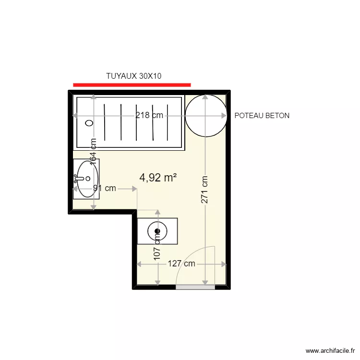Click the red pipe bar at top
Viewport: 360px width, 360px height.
click(132, 85)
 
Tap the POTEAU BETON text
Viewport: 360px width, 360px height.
click(262, 116)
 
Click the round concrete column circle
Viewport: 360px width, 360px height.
click(205, 116)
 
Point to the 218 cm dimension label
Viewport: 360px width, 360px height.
click(149, 115)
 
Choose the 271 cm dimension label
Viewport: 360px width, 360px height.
click(205, 190)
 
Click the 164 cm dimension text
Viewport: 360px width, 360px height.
click(94, 152)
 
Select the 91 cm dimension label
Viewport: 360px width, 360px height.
click(105, 189)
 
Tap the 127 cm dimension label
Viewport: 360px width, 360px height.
click(181, 264)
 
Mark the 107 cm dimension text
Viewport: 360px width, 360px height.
click(157, 248)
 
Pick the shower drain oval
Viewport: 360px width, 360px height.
click(89, 123)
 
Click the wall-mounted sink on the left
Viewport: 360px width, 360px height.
click(86, 179)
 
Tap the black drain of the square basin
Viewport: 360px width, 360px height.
click(157, 231)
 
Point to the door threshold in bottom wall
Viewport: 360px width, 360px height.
click(195, 287)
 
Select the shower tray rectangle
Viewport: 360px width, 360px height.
click(129, 122)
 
